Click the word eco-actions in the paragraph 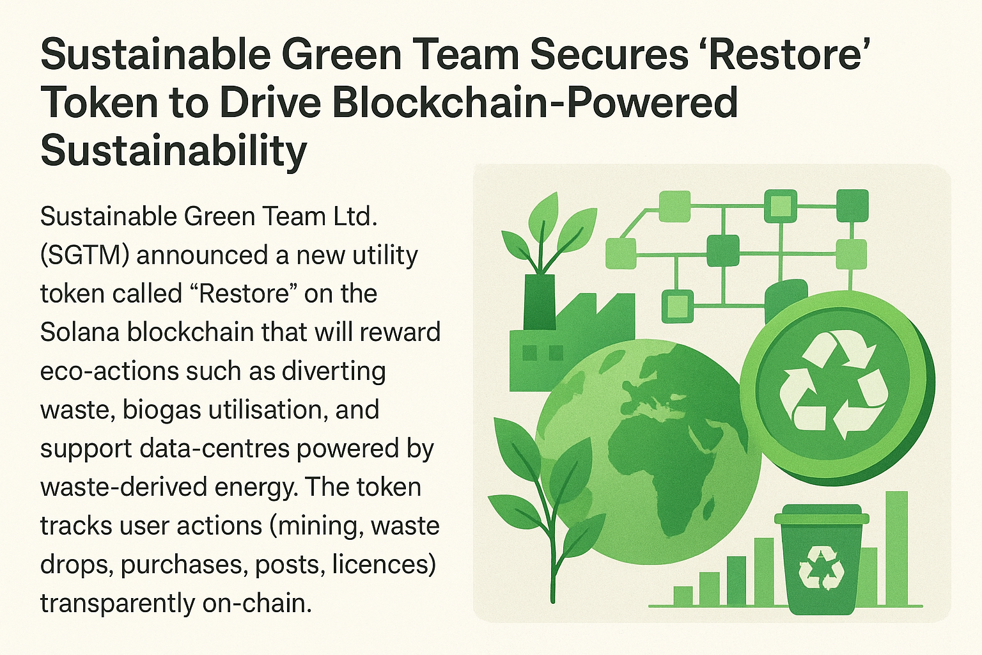coord(109,371)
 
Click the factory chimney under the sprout coord(540,303)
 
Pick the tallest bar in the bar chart coord(897,548)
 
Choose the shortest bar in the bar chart coord(683,596)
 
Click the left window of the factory coord(530,352)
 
